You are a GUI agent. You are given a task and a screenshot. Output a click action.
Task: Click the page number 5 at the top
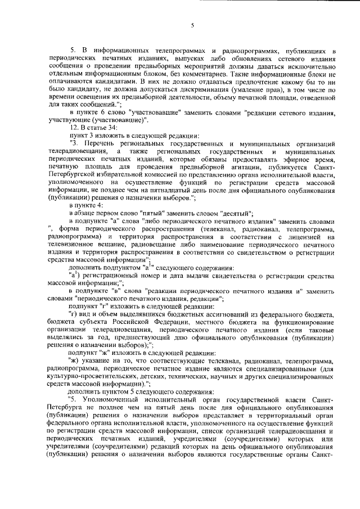point(192,25)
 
